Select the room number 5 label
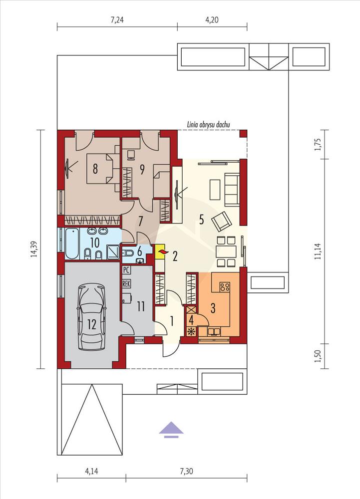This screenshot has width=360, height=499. click(x=201, y=220)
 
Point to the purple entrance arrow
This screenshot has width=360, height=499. click(x=171, y=430)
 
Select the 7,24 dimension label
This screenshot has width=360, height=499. click(x=117, y=20)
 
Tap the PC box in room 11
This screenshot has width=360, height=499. click(x=126, y=270)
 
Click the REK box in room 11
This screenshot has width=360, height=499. click(x=126, y=283)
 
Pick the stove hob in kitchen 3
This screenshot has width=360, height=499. click(x=225, y=287)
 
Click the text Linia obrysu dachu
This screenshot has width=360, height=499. click(x=209, y=125)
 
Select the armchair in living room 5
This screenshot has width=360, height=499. click(x=222, y=221)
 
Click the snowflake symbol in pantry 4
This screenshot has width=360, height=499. click(x=191, y=331)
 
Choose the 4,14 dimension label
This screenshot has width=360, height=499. click(x=91, y=471)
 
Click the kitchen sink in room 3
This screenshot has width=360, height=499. click(x=214, y=332)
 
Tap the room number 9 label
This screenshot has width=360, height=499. click(x=142, y=169)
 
